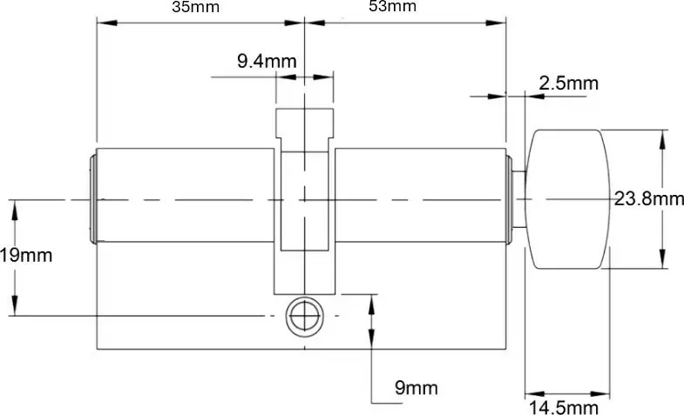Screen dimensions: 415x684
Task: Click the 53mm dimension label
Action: click(392, 7)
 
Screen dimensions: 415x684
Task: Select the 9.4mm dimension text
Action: click(267, 61)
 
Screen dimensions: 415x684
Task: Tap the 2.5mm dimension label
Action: click(569, 84)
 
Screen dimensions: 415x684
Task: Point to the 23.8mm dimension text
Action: click(648, 199)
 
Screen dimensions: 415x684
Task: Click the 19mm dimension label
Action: click(26, 256)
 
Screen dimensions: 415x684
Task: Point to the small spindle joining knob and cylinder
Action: click(518, 199)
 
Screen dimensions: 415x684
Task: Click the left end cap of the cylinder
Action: click(92, 199)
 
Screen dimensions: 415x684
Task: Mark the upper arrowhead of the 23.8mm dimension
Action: click(665, 136)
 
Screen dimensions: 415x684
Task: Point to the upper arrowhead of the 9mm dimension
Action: click(373, 301)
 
